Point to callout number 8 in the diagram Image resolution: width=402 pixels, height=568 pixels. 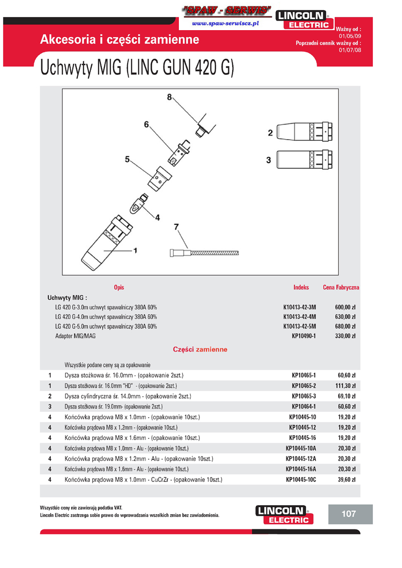coord(169,97)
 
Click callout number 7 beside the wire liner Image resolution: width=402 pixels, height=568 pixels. coord(176,226)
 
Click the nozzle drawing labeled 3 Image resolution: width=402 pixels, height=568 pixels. coord(306,160)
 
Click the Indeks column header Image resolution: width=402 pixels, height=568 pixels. coord(301,287)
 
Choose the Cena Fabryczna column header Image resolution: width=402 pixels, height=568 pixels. coord(341,287)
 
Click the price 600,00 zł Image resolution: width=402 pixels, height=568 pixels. coord(345,306)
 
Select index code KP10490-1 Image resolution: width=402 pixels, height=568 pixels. coord(304,335)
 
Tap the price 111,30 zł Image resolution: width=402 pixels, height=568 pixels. coord(345,386)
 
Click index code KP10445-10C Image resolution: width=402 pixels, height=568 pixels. coord(301,480)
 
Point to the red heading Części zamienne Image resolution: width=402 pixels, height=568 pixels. coord(200,349)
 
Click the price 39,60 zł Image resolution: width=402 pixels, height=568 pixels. coord(347,480)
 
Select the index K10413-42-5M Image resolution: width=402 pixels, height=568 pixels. coord(299,326)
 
